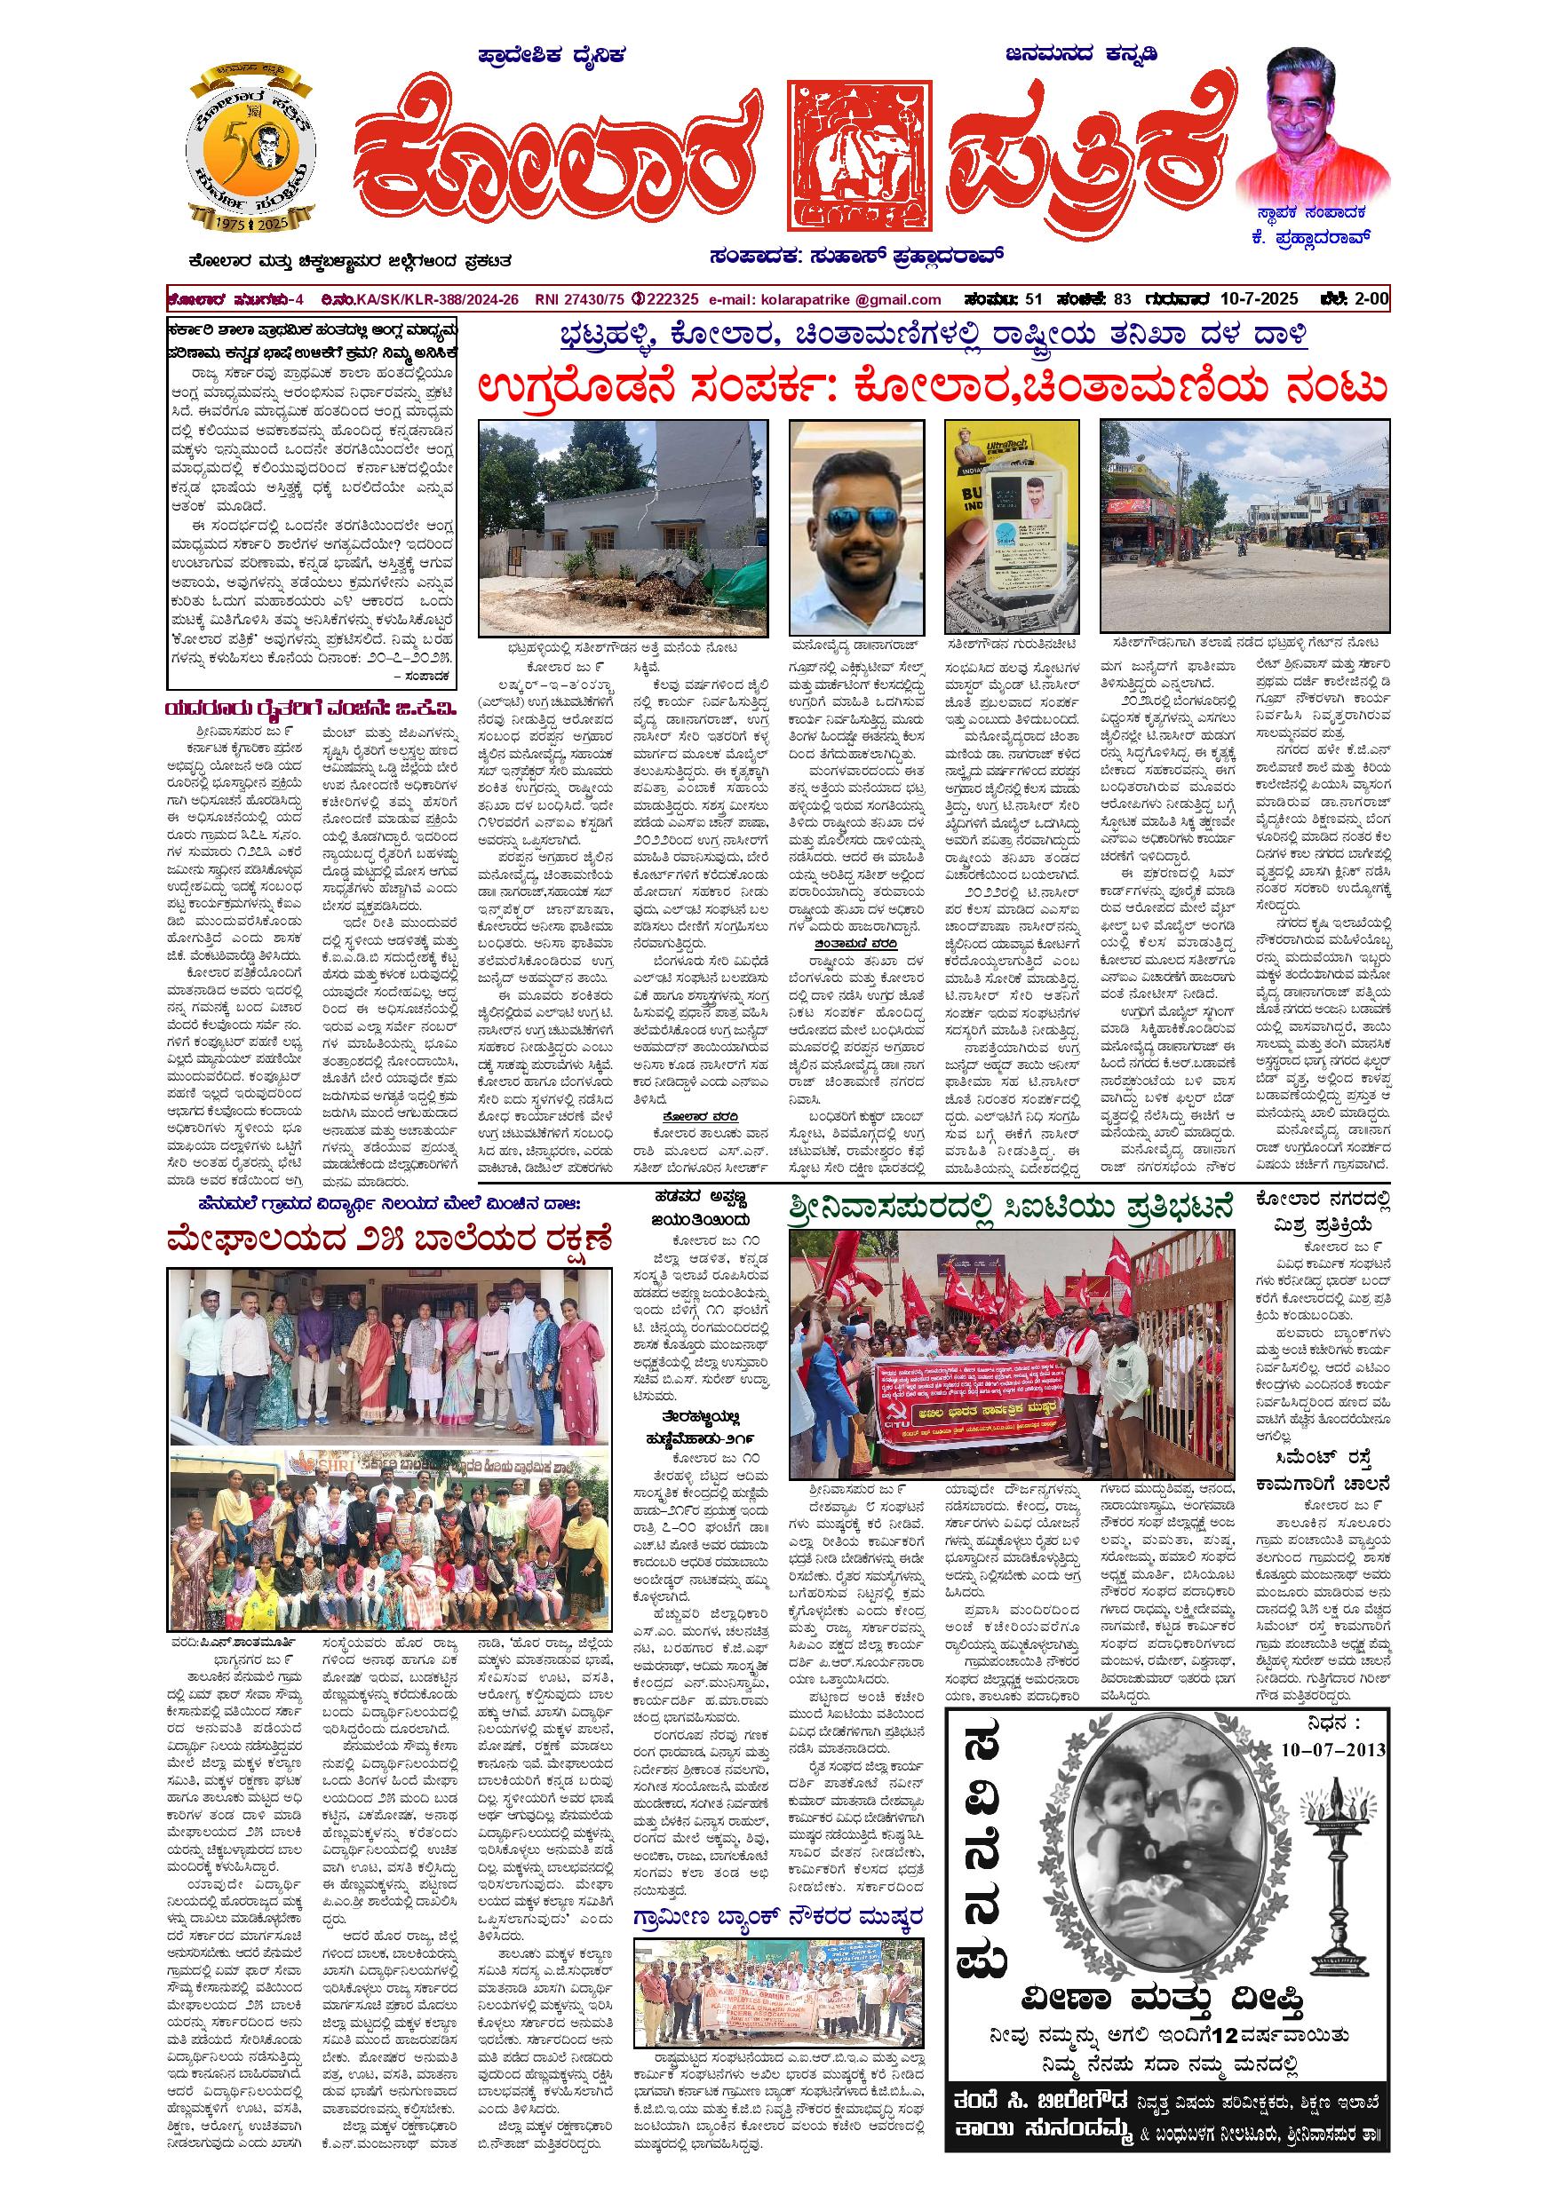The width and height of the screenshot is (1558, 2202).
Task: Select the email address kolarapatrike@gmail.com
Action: pos(826,299)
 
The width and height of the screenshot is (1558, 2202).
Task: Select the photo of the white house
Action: pos(624,527)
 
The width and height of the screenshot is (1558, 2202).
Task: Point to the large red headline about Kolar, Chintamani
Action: pos(933,387)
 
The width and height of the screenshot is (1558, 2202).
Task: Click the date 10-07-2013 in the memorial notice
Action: pos(1333,1748)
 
